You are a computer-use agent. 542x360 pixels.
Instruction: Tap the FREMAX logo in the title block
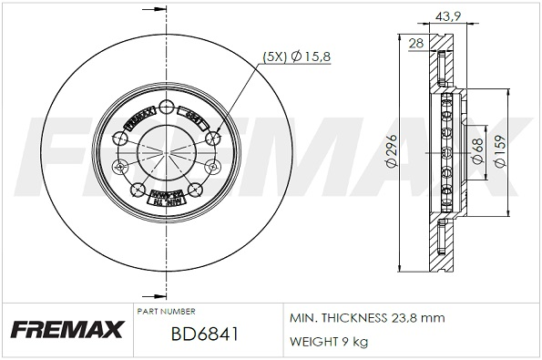(66, 329)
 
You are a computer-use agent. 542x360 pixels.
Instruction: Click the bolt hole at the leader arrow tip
(214, 138)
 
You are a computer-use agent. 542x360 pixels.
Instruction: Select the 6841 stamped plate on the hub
(193, 115)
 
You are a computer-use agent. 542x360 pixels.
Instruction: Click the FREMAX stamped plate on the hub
(138, 116)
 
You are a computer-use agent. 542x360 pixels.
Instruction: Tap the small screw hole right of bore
(212, 167)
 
